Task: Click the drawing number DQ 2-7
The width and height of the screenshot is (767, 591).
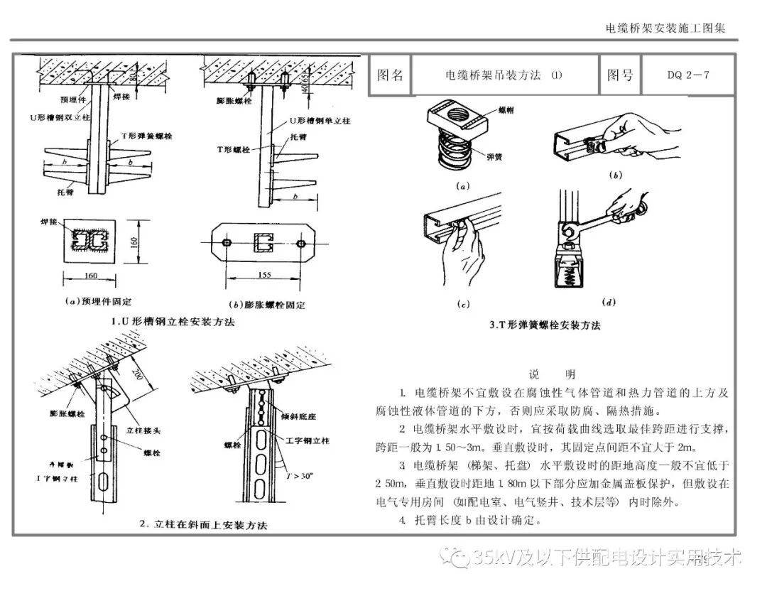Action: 687,75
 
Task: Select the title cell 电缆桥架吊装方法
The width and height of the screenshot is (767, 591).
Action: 503,75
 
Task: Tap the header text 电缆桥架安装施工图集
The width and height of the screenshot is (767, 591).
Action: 665,28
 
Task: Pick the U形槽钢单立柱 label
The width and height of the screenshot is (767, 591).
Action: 317,122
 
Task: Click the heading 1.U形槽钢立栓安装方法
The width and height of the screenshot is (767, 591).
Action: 173,321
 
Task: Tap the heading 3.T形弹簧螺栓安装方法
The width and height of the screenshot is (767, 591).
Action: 545,325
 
